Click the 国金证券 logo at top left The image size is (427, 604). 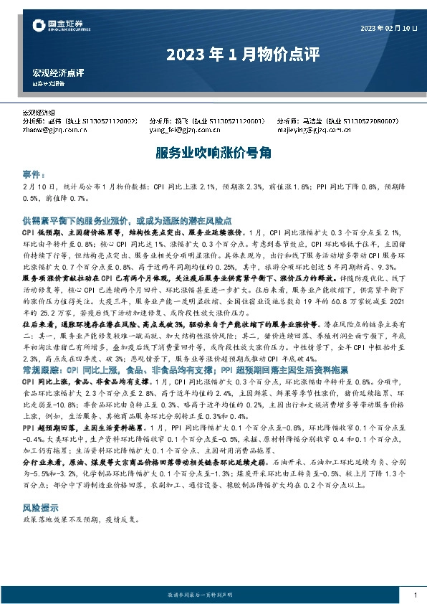click(x=60, y=27)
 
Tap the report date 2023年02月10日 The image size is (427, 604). click(x=388, y=28)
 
